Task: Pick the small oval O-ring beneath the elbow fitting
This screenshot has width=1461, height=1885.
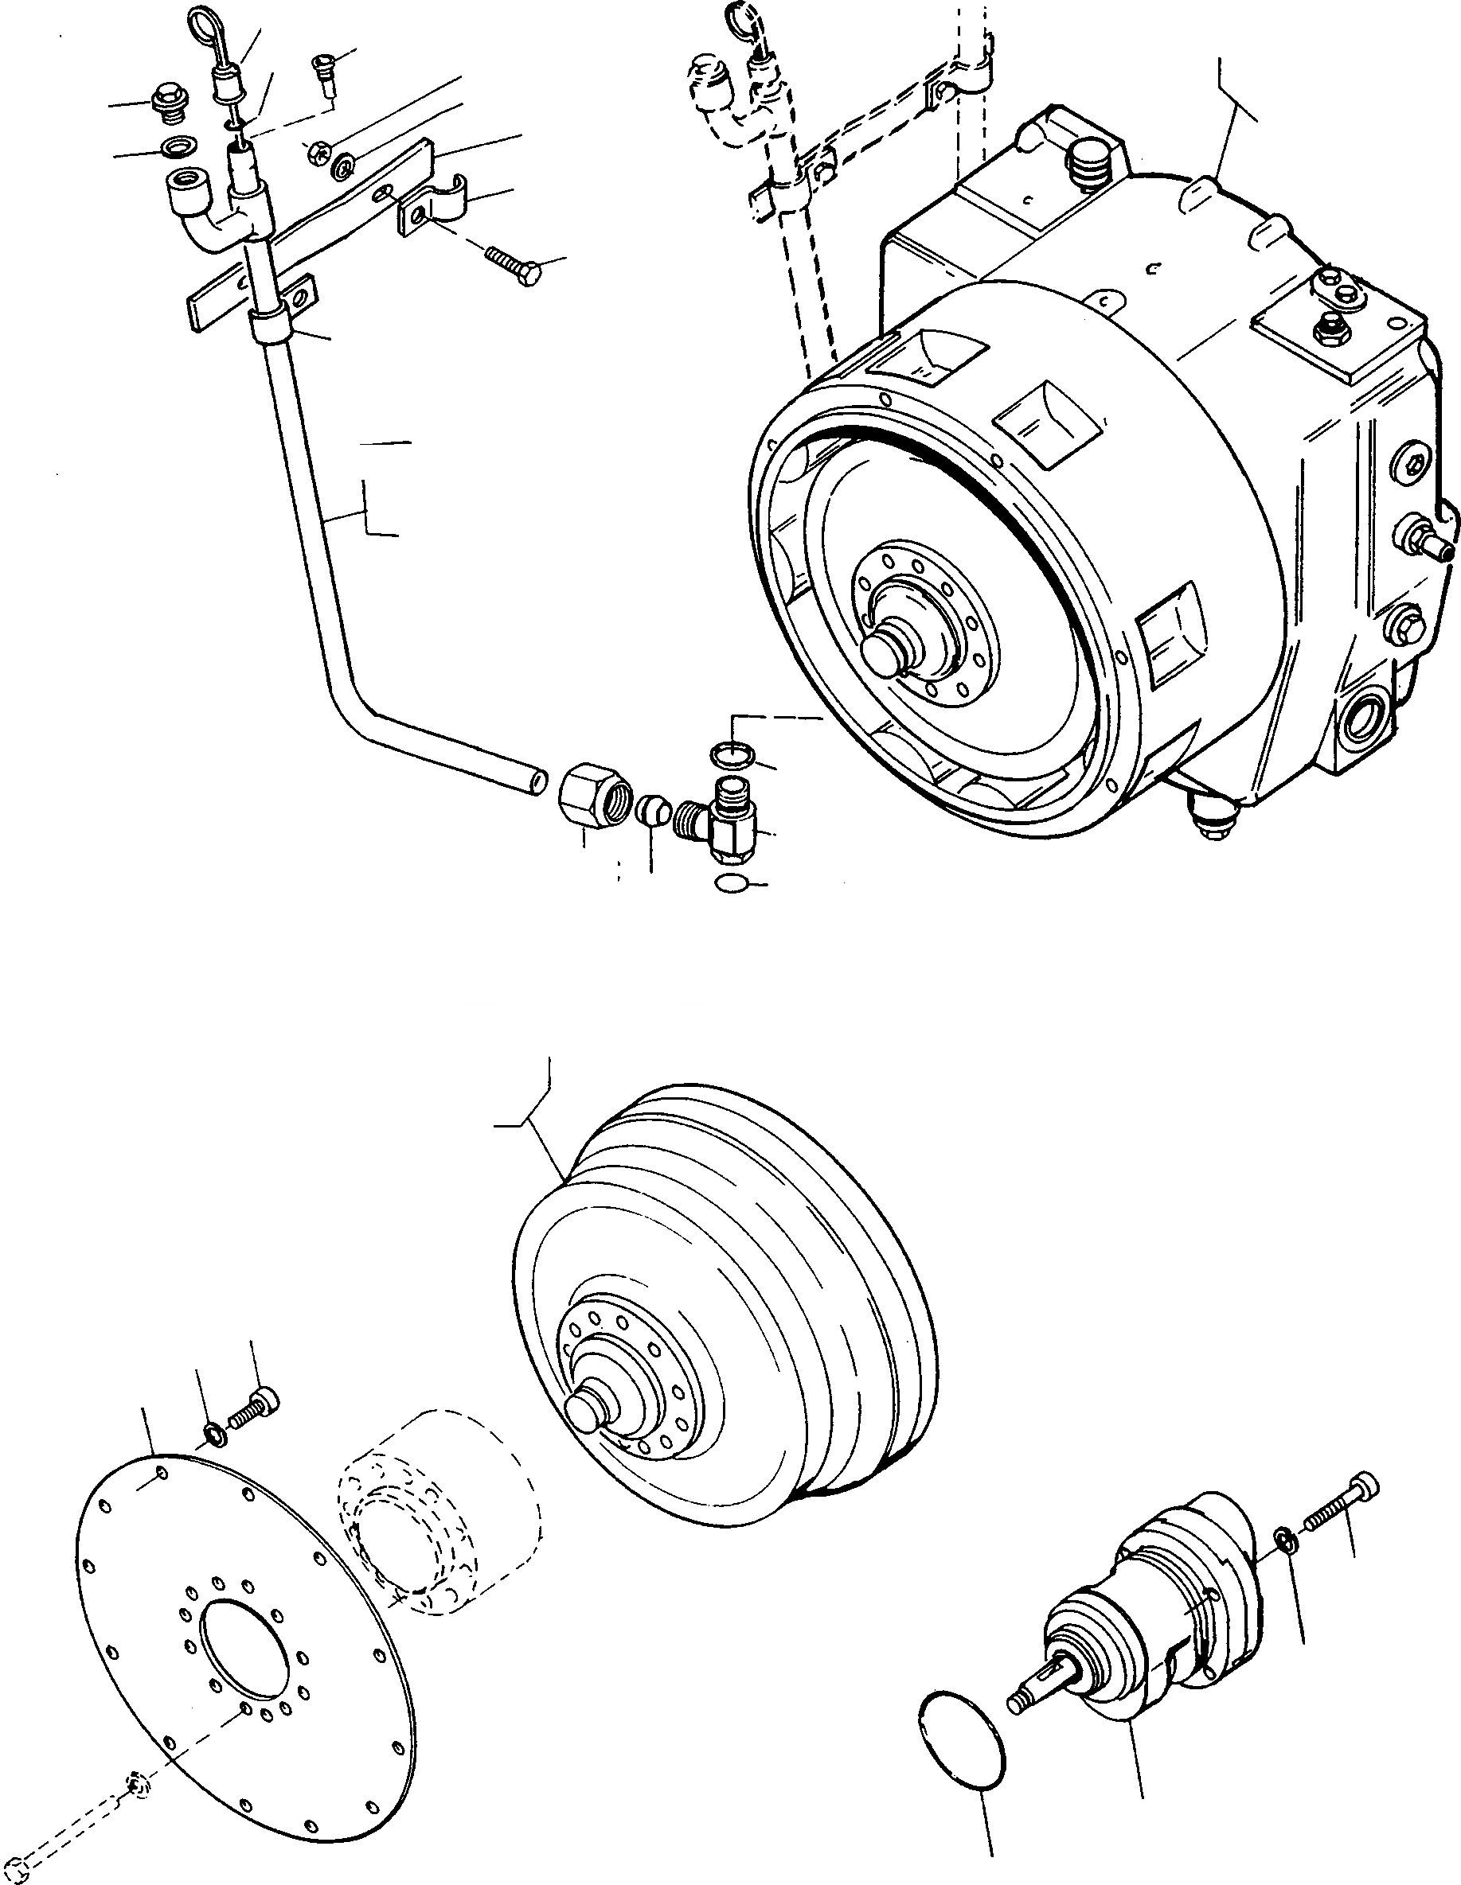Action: click(732, 884)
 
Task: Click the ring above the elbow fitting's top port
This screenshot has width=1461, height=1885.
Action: click(732, 755)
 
